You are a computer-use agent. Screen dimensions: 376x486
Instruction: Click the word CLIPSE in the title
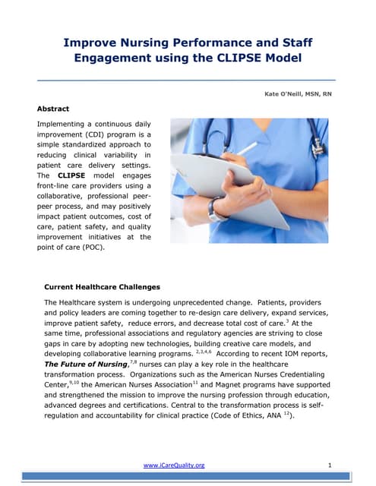coord(248,58)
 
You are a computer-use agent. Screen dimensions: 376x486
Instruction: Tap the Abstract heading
coord(53,109)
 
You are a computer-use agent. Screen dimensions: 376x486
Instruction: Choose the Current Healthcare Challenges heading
coord(103,287)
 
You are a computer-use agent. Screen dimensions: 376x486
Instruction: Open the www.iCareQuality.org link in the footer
coord(174,465)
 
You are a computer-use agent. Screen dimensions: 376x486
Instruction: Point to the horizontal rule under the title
coord(187,79)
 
